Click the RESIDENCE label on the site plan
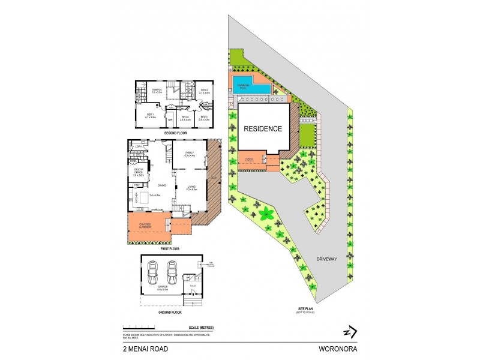pos(262,128)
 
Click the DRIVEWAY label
pos(328,260)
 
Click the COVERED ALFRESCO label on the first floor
pos(145,227)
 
